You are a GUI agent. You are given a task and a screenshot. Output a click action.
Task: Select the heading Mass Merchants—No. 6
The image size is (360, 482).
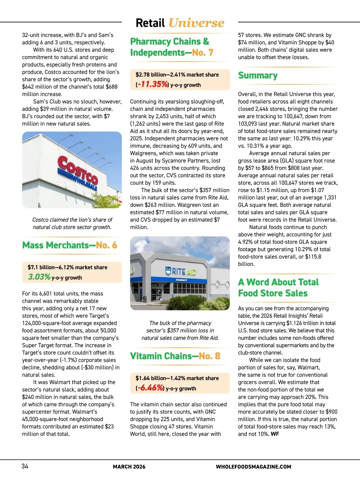(70, 245)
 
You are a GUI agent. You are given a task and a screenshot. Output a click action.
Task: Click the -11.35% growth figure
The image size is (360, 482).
(152, 84)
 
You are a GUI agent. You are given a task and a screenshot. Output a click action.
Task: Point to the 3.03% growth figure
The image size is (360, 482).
(39, 277)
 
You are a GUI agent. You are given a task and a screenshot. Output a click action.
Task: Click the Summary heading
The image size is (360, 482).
(258, 75)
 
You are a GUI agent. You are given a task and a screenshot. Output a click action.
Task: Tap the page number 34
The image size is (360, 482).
(25, 466)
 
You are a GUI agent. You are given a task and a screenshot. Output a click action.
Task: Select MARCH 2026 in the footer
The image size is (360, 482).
(129, 467)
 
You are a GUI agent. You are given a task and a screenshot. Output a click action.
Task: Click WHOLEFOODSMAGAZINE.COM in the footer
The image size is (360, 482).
(253, 467)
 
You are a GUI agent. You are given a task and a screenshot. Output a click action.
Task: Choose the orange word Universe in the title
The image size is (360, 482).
(196, 23)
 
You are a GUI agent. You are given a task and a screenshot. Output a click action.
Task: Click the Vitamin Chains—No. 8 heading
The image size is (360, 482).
(175, 356)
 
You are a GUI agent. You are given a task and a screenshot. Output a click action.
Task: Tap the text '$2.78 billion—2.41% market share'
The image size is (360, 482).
(177, 74)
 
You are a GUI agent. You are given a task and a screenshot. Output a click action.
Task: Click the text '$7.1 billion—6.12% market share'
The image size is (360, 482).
(67, 267)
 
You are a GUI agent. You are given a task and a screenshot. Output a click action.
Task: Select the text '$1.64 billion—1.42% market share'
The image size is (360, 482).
(177, 378)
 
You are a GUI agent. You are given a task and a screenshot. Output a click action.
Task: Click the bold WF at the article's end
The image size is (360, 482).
(275, 434)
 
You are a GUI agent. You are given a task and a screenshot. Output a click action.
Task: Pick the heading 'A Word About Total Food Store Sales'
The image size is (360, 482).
(278, 288)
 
